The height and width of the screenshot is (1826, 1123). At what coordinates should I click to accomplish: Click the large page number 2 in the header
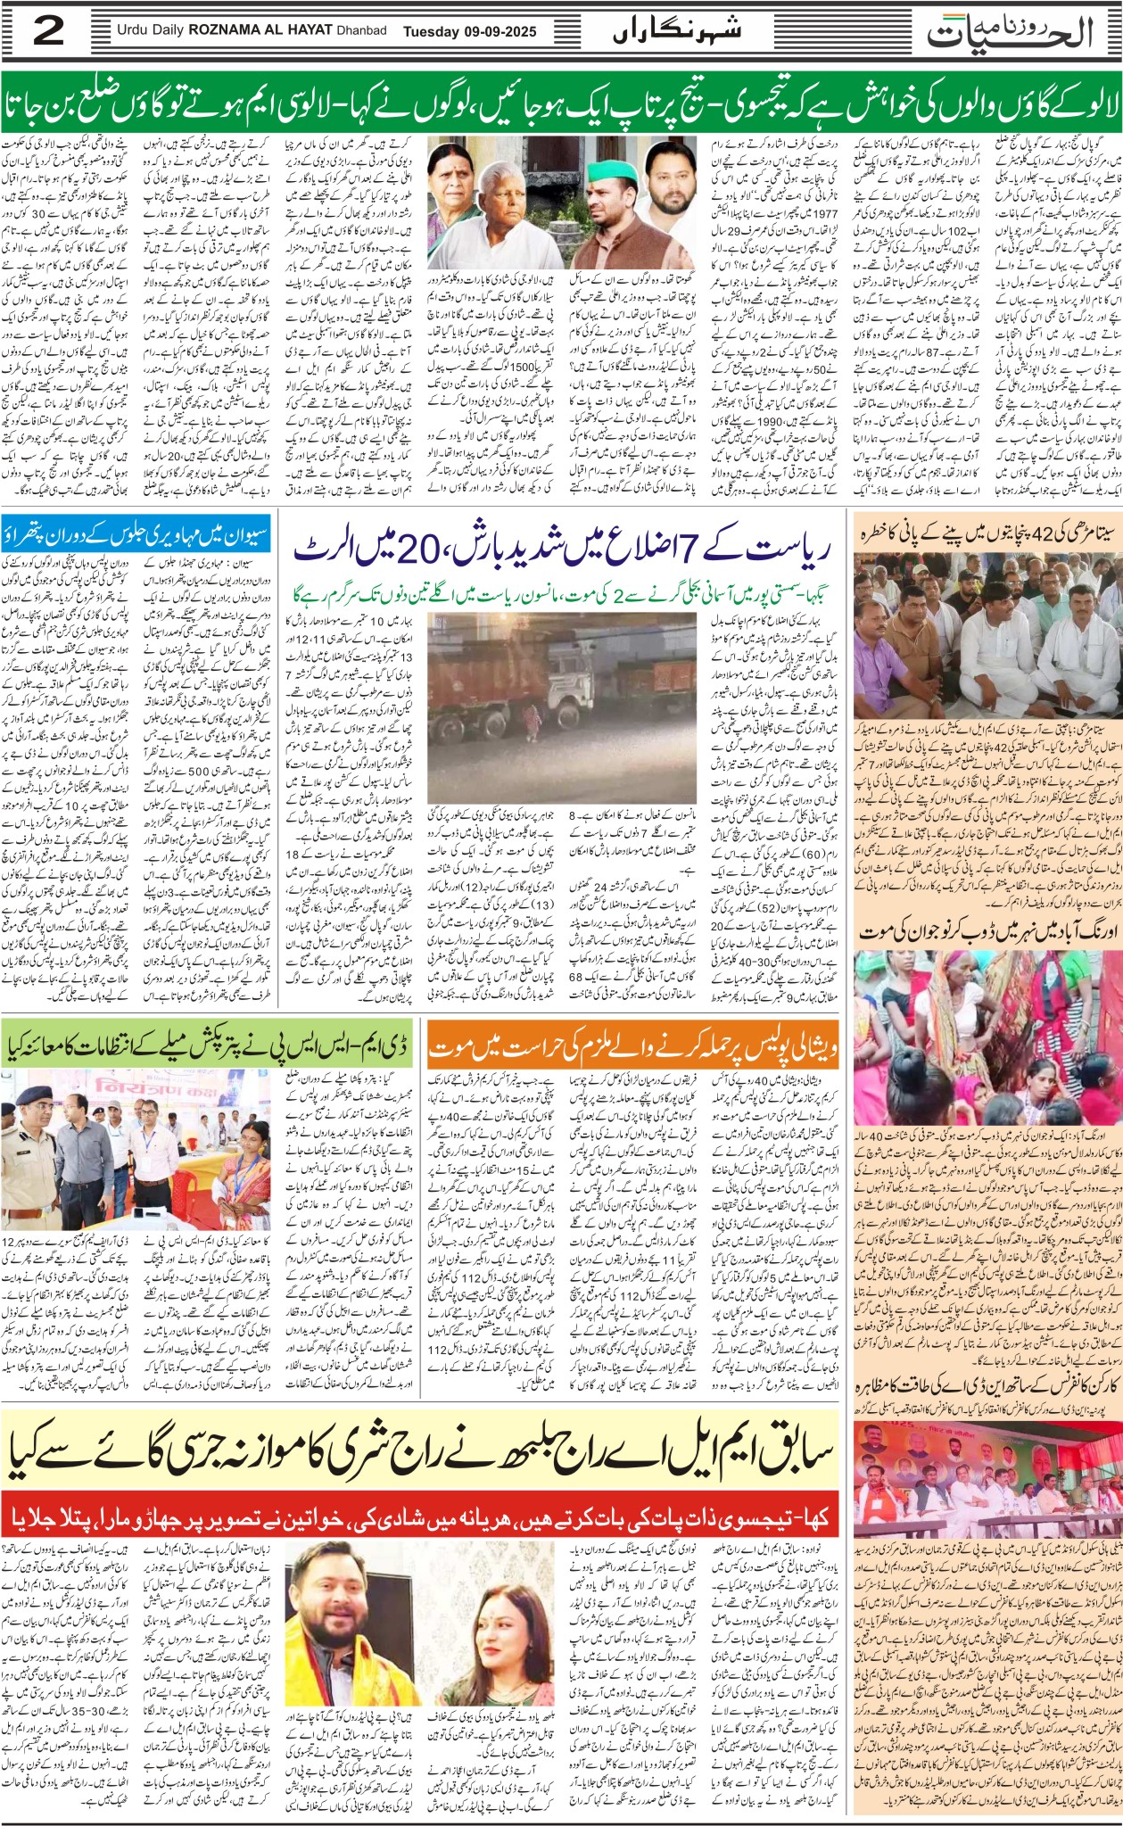(x=48, y=32)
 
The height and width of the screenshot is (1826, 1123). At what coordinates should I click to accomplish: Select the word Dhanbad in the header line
(x=361, y=31)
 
